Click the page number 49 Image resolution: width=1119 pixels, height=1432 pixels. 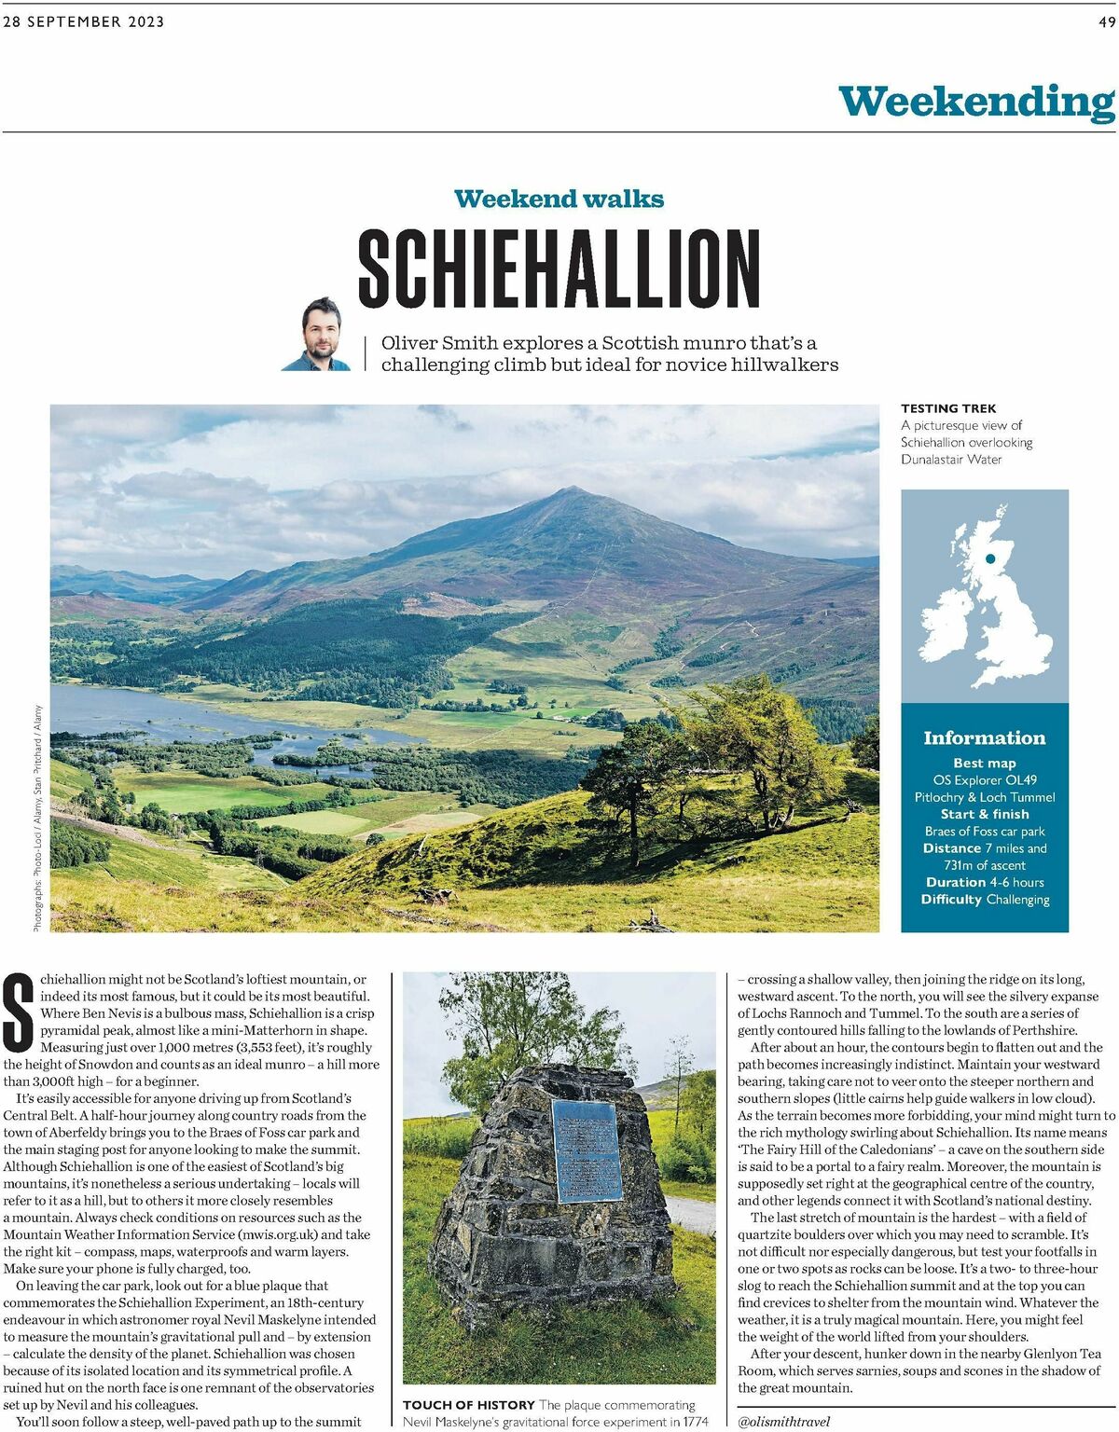[x=1106, y=22]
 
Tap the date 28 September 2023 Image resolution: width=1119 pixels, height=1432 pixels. [x=84, y=22]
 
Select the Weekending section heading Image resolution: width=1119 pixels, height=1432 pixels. [x=976, y=102]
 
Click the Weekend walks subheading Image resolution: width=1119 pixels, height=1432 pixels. [x=559, y=199]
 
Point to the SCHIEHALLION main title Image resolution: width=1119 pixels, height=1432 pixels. [x=559, y=268]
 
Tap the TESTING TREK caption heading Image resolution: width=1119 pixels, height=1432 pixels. [x=948, y=408]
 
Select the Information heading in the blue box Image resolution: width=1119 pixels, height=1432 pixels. [x=984, y=737]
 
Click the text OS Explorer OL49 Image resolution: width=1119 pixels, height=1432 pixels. [x=985, y=780]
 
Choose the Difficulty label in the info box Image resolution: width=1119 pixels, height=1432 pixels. [x=951, y=900]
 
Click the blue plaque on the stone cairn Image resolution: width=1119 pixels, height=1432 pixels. [x=587, y=1150]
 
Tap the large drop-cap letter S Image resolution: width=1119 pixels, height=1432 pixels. [x=19, y=1011]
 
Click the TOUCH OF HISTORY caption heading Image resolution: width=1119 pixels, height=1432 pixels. [x=468, y=1405]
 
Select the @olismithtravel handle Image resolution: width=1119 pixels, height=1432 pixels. [x=782, y=1422]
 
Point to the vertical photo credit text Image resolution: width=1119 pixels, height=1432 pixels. [x=37, y=818]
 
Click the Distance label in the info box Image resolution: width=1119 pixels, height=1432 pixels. [x=951, y=848]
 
